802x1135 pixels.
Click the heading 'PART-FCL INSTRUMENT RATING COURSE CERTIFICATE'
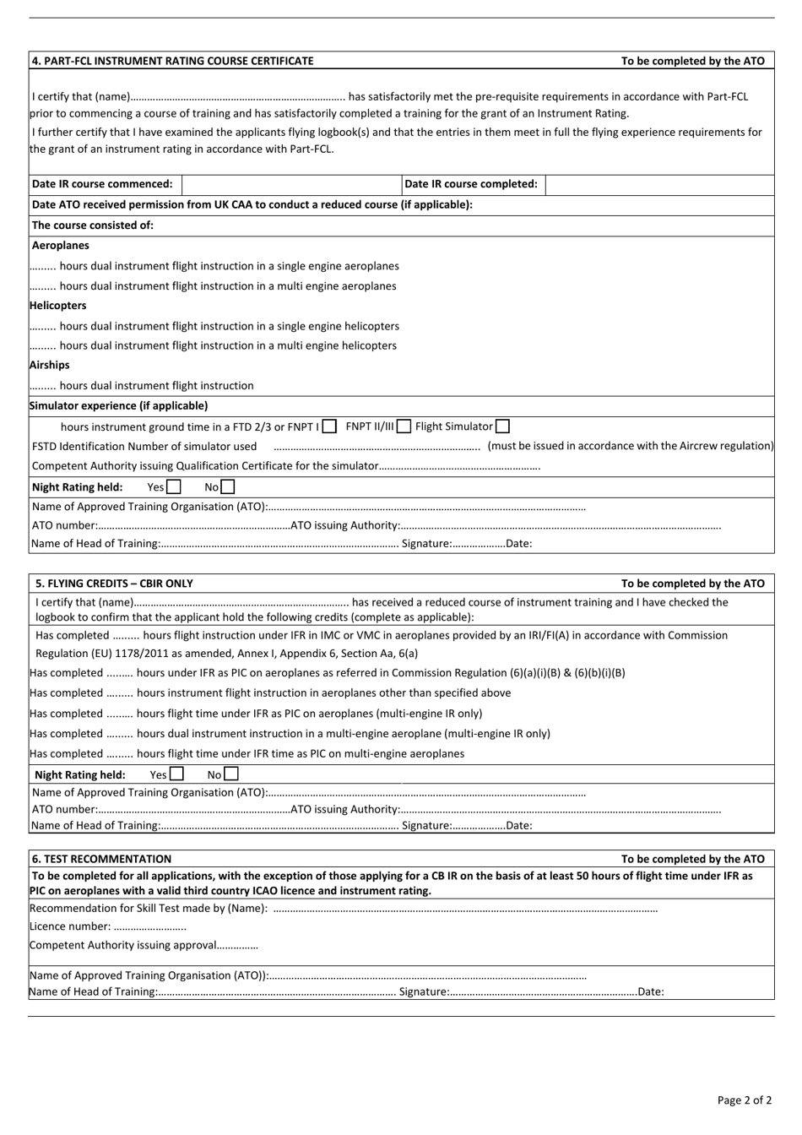[172, 61]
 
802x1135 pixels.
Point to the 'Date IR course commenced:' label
[102, 184]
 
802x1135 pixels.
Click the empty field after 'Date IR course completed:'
[659, 184]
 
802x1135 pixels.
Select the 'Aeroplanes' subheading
[60, 246]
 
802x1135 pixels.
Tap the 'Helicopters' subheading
[57, 306]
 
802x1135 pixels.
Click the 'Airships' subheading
[49, 366]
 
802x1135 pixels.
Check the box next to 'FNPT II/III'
[404, 427]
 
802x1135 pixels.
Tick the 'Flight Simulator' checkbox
[503, 427]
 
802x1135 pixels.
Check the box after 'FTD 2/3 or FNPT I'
[330, 427]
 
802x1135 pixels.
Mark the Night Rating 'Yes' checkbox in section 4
[174, 487]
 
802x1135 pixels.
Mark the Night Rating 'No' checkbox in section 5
[231, 774]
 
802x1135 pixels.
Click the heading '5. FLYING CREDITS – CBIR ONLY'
[114, 584]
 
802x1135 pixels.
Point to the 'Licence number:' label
[70, 926]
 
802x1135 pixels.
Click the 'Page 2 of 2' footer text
[744, 1100]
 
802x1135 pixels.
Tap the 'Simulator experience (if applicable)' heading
[118, 406]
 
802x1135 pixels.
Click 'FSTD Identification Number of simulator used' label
[144, 447]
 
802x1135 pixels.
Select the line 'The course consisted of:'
[93, 225]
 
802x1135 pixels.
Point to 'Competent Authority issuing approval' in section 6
[123, 946]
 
